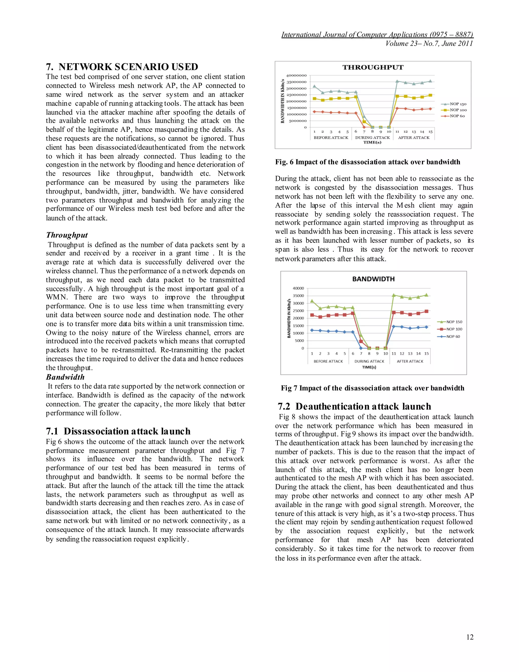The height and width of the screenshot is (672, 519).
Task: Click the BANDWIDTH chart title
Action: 373,279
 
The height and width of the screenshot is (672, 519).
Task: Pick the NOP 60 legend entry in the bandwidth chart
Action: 453,337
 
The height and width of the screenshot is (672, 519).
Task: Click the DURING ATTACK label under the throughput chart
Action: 372,137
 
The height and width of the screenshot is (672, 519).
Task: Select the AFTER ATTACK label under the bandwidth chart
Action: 410,361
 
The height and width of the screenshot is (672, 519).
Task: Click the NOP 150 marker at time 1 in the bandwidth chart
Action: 312,301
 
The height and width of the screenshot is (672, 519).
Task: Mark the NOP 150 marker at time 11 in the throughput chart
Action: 397,81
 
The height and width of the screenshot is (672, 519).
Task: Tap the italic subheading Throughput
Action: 67,235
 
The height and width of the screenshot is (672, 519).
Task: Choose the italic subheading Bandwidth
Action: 65,377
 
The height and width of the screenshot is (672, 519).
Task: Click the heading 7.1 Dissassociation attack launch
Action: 118,431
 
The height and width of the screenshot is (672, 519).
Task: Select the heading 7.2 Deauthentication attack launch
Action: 354,406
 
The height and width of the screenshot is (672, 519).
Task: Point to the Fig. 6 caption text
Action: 367,162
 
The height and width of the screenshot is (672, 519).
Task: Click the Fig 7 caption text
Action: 372,388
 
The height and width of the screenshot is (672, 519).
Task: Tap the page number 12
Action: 470,637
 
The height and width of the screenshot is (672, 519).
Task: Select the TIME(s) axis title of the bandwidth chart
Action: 369,367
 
